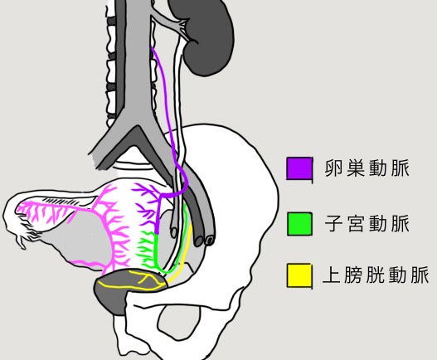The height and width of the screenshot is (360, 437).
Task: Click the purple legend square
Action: [x=299, y=168]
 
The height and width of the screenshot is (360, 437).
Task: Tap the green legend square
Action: [x=299, y=224]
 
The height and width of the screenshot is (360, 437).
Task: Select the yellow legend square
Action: [x=299, y=275]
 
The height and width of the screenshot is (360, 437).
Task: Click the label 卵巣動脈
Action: [x=367, y=168]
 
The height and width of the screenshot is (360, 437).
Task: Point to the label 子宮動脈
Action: [x=367, y=223]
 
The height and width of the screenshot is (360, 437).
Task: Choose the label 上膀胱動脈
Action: [x=376, y=275]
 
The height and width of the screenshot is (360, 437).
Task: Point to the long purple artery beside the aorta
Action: [x=168, y=111]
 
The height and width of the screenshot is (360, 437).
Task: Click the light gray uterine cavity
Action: [x=84, y=240]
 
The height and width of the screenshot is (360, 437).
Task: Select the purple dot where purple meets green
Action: [x=157, y=232]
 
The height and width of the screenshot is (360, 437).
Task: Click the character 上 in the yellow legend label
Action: [x=332, y=275]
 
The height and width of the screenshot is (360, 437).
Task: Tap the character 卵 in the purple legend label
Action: [x=333, y=168]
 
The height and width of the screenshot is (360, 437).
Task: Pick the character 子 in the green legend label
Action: [x=333, y=223]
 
